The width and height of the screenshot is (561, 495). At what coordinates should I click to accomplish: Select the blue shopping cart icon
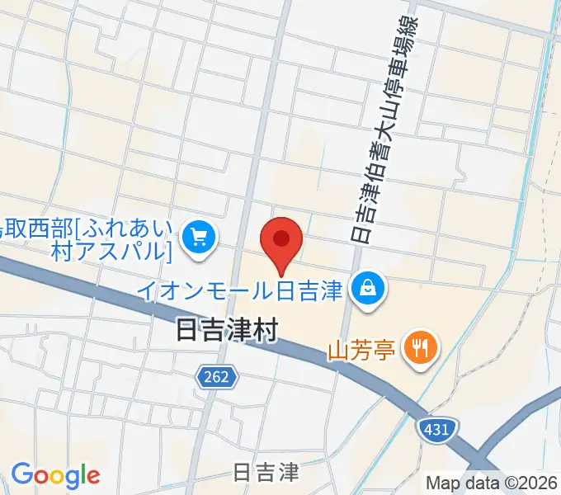199,238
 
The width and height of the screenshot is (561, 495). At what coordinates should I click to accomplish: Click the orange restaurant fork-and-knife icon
421,346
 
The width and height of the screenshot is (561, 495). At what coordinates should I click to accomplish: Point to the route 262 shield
217,377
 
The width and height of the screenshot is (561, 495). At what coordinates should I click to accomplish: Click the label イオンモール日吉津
239,290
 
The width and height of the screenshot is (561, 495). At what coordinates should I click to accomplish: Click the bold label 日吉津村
228,331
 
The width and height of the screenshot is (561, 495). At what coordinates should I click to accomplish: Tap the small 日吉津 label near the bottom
265,472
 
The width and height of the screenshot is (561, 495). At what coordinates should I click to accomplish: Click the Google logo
55,474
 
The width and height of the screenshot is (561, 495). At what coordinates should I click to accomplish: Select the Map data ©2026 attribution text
493,483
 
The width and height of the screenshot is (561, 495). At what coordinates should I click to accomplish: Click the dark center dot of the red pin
281,238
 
